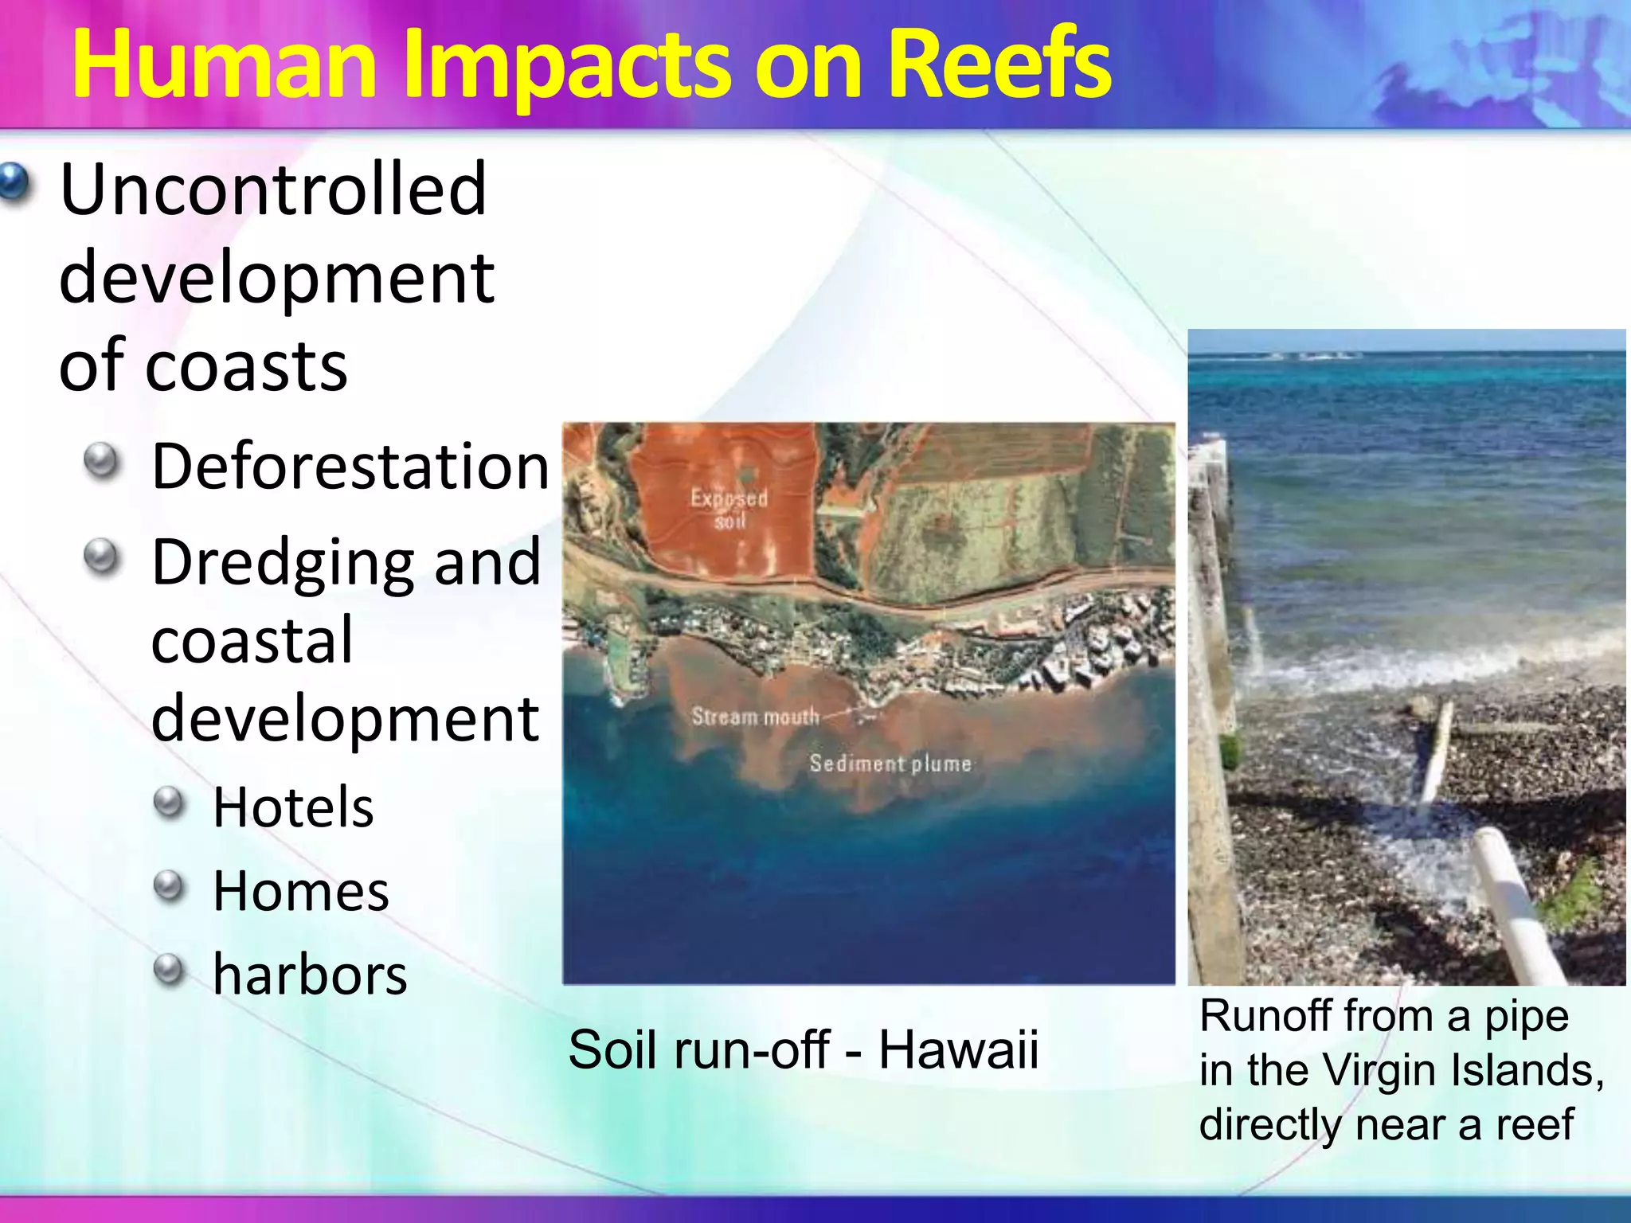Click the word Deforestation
[x=350, y=467]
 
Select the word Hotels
[x=293, y=807]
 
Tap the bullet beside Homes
[x=169, y=885]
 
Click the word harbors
[x=310, y=975]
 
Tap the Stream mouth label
[x=755, y=717]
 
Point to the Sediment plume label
[x=890, y=764]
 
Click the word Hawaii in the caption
[x=958, y=1049]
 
